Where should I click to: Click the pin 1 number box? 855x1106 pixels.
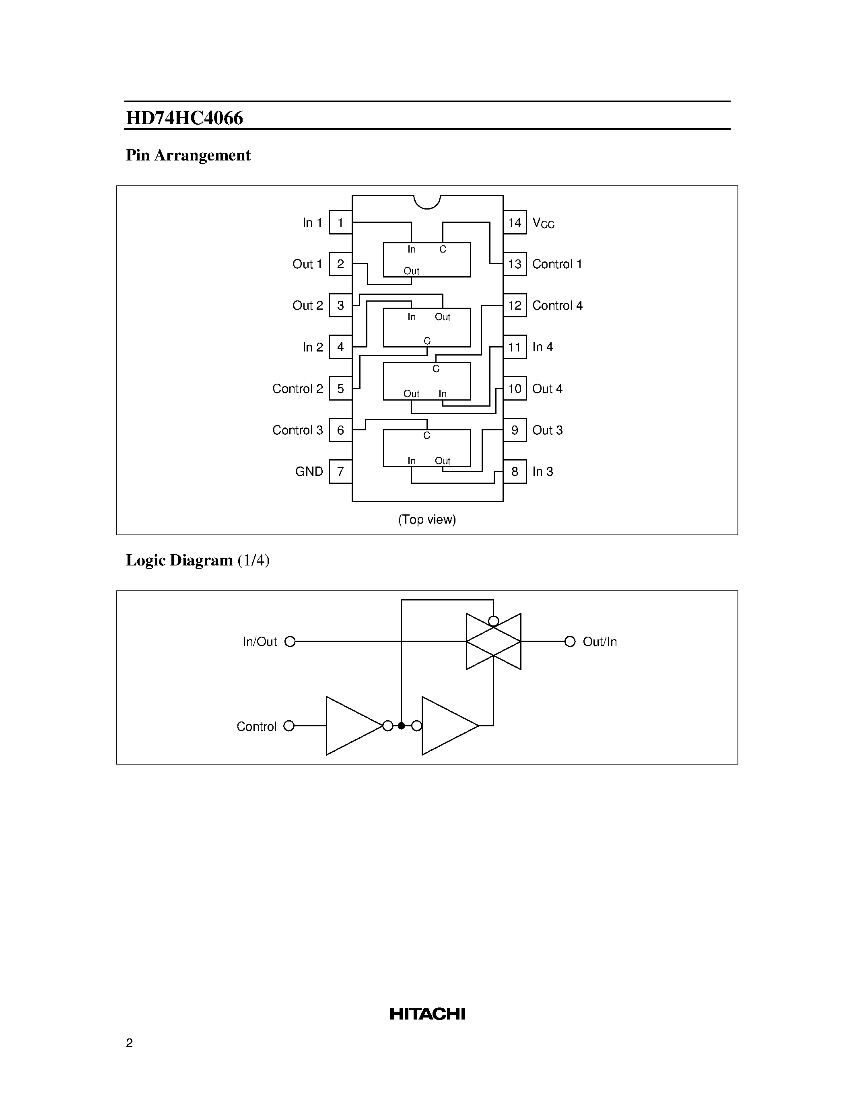[340, 222]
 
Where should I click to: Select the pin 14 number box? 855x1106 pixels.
[515, 222]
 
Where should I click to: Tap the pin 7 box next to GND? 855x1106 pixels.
[340, 471]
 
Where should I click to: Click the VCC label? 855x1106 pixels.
[543, 223]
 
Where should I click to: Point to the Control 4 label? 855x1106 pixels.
[557, 305]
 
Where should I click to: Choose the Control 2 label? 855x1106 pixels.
[297, 389]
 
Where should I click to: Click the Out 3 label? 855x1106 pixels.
[547, 430]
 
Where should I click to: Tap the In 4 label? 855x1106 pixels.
[542, 347]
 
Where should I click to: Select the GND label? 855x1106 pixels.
[309, 471]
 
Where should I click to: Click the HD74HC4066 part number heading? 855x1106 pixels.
[184, 118]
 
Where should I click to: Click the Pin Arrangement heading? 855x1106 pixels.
[188, 155]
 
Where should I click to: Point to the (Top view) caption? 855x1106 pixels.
[427, 520]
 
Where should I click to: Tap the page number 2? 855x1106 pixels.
[129, 1043]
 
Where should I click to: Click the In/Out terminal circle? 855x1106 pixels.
[290, 641]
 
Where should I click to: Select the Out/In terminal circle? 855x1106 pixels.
[570, 641]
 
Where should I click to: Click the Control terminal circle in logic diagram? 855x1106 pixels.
[289, 726]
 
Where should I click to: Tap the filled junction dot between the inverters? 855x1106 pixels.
[401, 726]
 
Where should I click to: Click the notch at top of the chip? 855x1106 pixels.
[427, 201]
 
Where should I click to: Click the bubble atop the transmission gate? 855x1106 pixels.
[493, 621]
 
